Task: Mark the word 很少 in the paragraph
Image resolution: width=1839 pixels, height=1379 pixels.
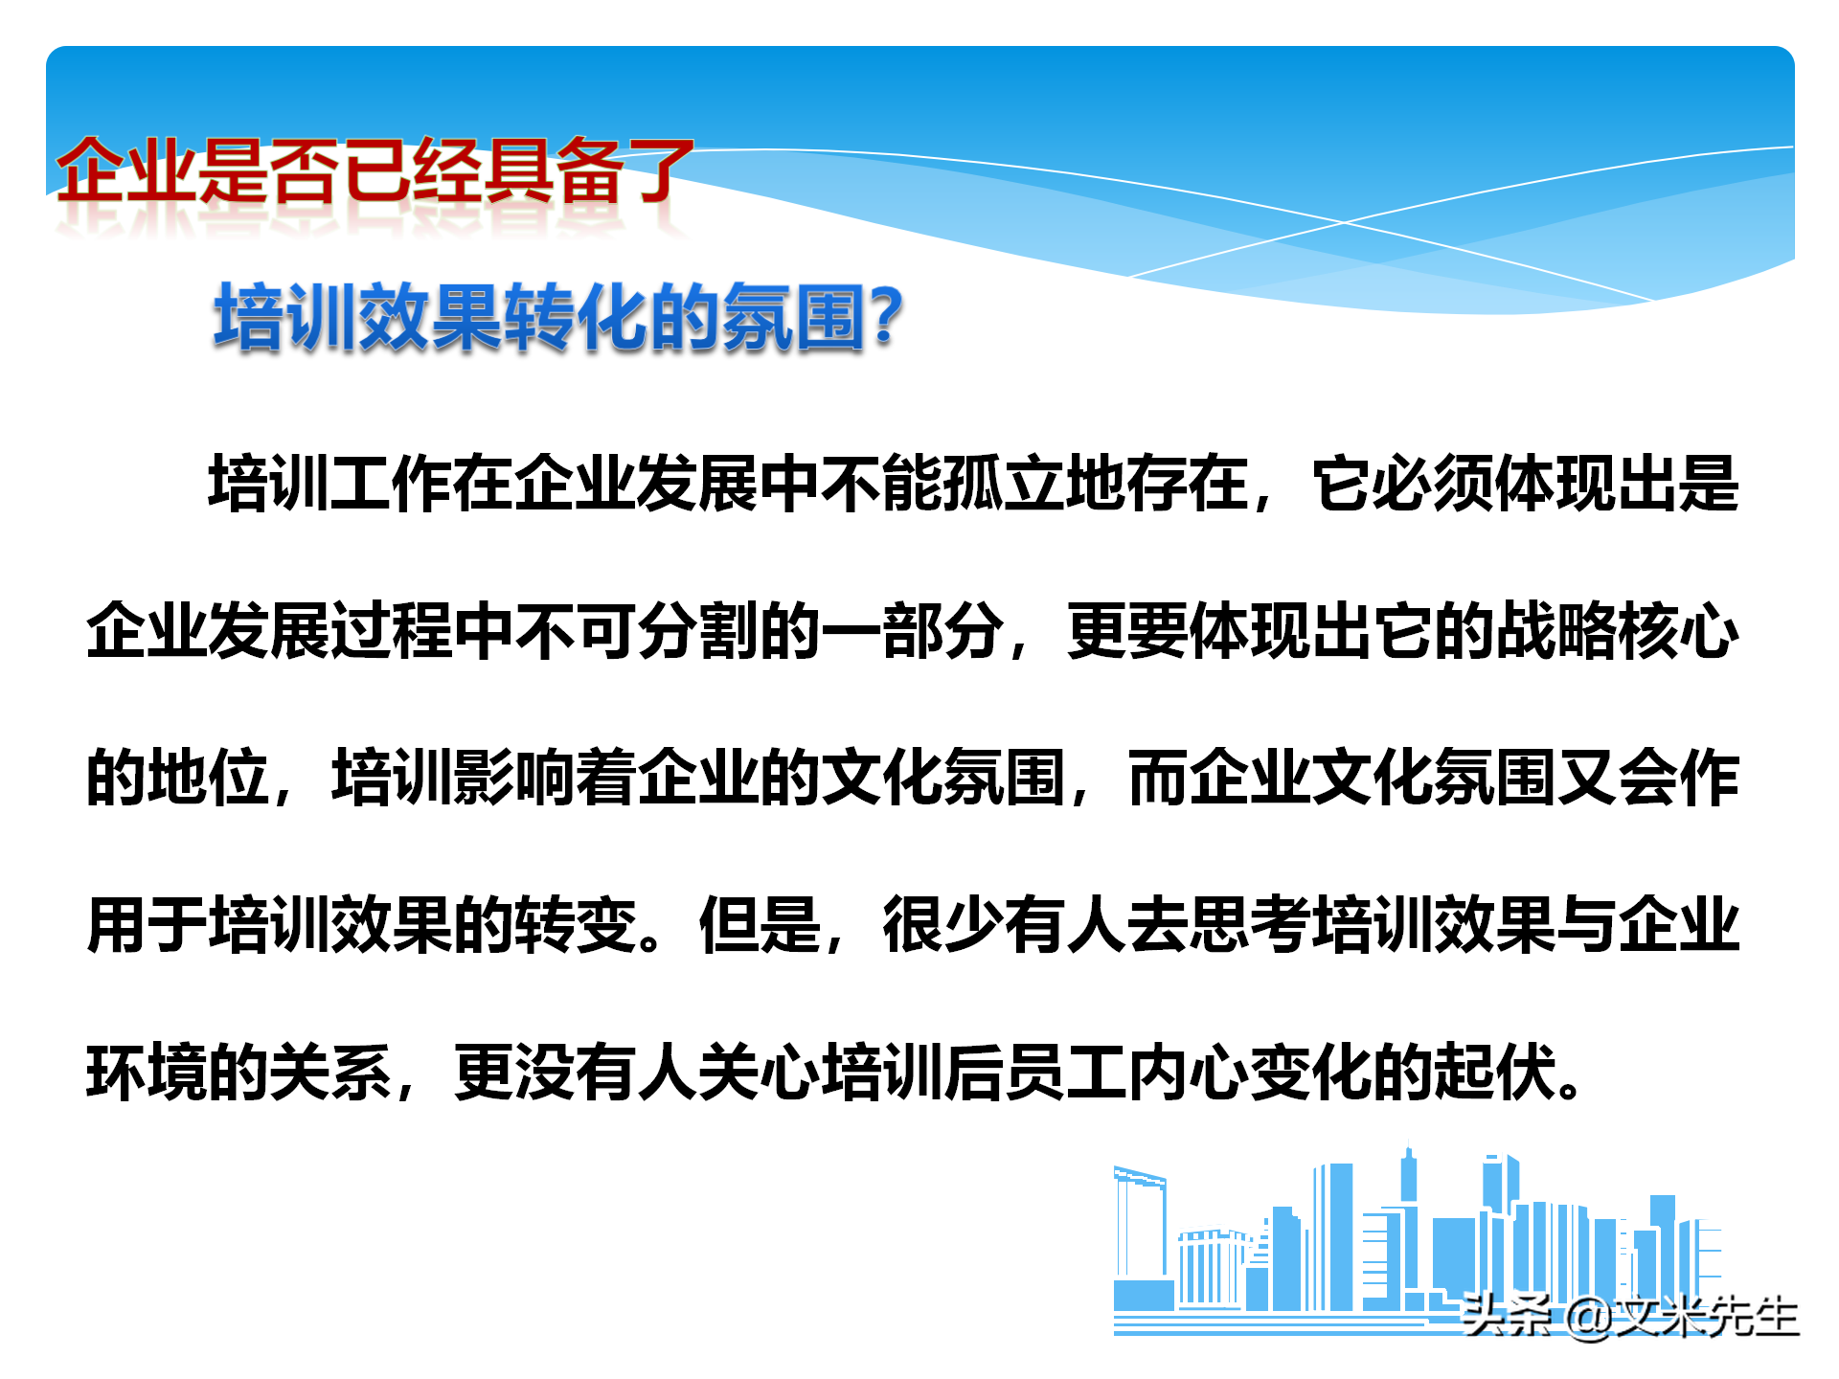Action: (943, 925)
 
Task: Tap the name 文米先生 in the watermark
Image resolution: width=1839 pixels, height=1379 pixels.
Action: (1705, 1317)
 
